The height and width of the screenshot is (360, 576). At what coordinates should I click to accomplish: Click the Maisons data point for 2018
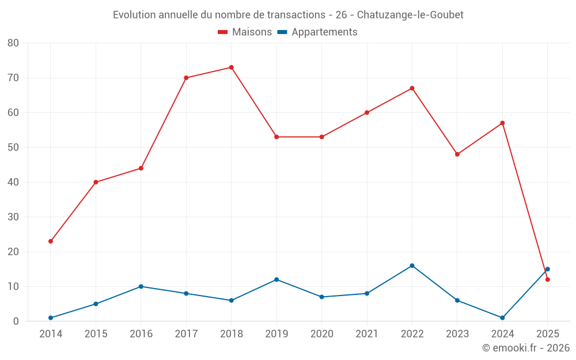pos(232,67)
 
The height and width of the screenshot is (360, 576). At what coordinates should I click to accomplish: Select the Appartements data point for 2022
pos(412,266)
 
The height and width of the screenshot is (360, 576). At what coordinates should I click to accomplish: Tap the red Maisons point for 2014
pos(51,241)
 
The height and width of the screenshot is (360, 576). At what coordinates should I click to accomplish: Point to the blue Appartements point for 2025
pos(548,269)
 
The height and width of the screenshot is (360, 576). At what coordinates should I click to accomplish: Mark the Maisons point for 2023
pos(457,154)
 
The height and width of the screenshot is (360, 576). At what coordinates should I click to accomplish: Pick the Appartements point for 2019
pos(276,279)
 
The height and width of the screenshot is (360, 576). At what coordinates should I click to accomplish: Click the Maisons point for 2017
pos(186,78)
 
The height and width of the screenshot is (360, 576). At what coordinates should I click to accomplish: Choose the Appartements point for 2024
pos(502,317)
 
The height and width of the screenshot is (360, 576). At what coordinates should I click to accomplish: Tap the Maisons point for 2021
pos(367,112)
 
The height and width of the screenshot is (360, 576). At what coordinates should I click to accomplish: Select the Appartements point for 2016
pos(141,286)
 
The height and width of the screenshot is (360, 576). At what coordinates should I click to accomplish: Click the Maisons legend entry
pos(245,32)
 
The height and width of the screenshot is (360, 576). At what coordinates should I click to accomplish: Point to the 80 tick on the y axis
pos(13,43)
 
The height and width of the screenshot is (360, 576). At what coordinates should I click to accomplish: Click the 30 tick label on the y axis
pos(13,217)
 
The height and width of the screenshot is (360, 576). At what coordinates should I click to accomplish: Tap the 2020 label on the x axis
pos(321,334)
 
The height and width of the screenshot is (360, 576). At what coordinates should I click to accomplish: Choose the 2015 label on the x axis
pos(96,334)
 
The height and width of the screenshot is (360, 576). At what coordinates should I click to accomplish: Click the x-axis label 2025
pos(548,334)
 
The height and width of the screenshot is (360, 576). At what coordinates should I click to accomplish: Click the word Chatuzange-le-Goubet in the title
pos(410,15)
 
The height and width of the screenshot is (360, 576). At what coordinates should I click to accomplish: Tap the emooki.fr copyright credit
pos(526,348)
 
